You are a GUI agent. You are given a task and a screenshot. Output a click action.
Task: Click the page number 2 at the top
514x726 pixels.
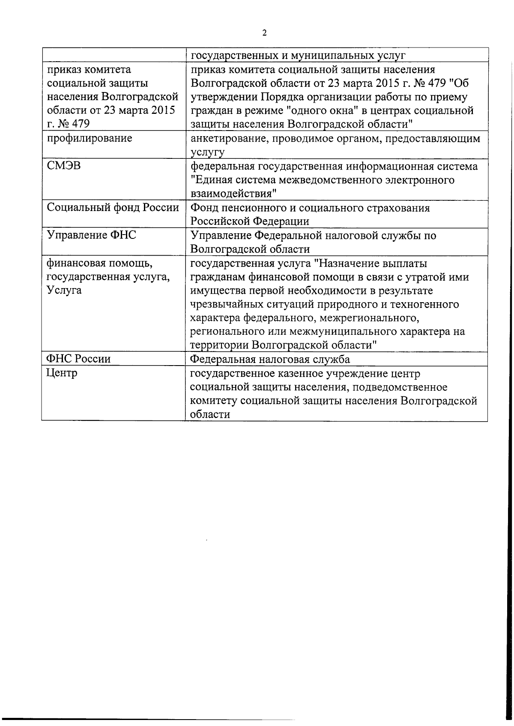(264, 33)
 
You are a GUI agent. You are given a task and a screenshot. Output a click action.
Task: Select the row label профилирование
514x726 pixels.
(90, 138)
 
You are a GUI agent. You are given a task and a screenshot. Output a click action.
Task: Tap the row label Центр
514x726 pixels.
(62, 373)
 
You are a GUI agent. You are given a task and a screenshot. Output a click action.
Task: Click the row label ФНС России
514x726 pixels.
(78, 359)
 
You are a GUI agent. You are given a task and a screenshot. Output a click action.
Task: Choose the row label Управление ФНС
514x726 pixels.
(92, 235)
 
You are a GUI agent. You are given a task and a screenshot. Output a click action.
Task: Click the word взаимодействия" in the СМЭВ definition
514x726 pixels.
(233, 193)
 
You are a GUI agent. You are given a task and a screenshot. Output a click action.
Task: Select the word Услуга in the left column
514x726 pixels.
(65, 290)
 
